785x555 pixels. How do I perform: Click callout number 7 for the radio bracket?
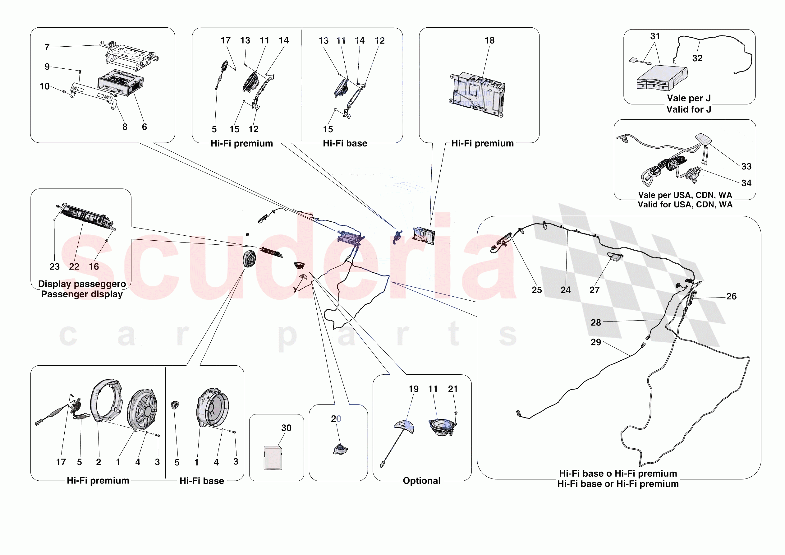coord(47,47)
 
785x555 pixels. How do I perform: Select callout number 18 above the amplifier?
coord(489,40)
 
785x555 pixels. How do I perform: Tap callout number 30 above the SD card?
coord(286,428)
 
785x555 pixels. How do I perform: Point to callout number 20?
coord(336,419)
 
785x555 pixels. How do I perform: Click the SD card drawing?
coord(273,457)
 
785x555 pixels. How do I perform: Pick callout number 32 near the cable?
coord(697,58)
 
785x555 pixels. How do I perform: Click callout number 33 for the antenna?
coord(746,166)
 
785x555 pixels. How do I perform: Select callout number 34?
coord(746,183)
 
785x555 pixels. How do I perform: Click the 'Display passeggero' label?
coord(82,284)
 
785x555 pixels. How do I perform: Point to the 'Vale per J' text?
coord(689,98)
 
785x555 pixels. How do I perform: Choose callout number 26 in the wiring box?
coord(731,296)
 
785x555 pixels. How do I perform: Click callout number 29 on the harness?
coord(596,342)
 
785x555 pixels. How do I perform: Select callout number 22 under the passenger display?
coord(74,266)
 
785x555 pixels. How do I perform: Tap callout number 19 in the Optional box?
coord(413,389)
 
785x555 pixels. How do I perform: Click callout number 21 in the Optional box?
coord(453,389)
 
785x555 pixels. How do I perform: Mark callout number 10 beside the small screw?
coord(44,86)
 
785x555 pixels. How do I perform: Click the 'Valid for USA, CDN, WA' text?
coord(685,205)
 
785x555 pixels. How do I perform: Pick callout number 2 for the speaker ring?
coord(99,462)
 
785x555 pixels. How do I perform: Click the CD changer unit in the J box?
coord(662,78)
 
